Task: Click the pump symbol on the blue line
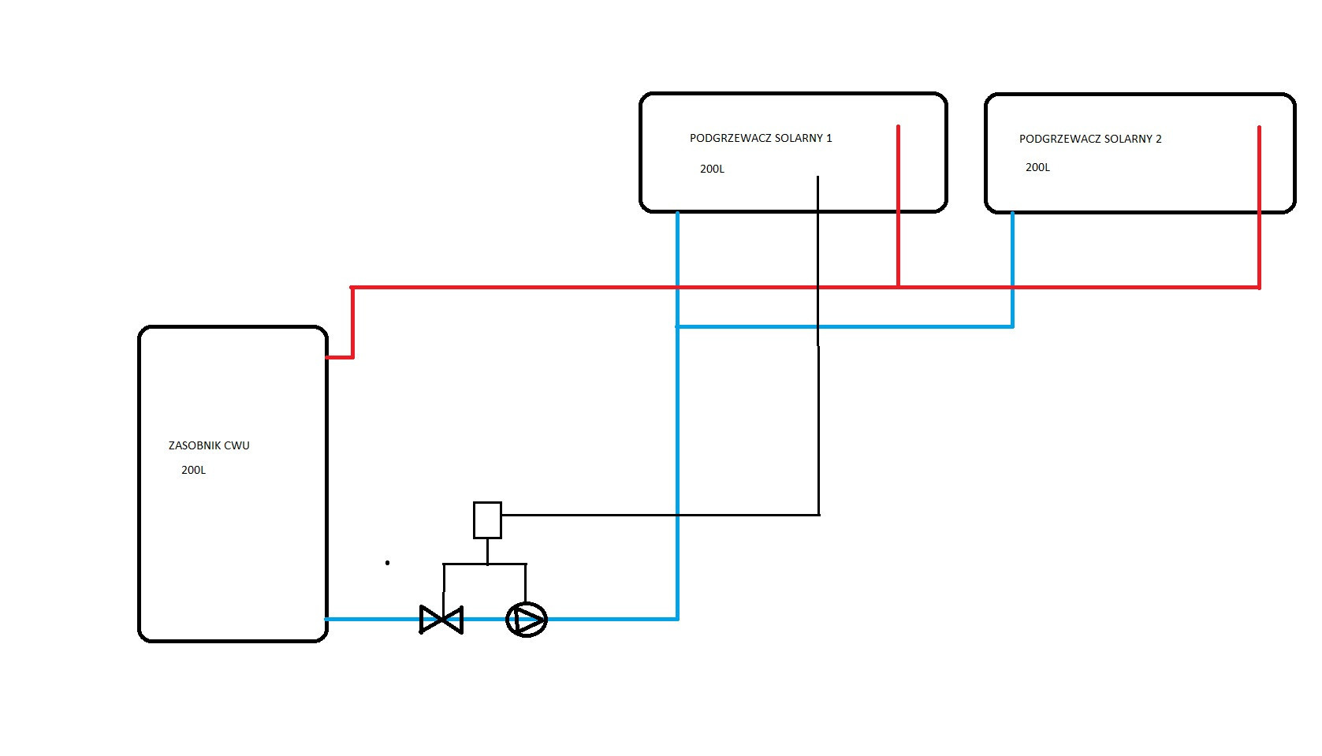527,620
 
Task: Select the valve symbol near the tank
441,620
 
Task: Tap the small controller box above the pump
487,520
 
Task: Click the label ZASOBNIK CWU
209,445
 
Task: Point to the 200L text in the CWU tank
193,470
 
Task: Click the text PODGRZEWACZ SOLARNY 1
761,138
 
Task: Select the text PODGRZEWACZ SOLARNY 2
1090,139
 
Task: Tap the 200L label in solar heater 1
712,169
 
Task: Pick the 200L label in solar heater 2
1037,167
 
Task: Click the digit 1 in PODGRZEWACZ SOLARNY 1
829,138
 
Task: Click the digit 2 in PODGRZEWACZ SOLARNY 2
1159,139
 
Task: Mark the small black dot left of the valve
387,563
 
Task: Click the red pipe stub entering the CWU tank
340,357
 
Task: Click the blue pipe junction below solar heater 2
1012,326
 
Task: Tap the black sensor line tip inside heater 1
818,178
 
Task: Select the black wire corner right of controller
819,515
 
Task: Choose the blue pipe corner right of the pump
677,619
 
